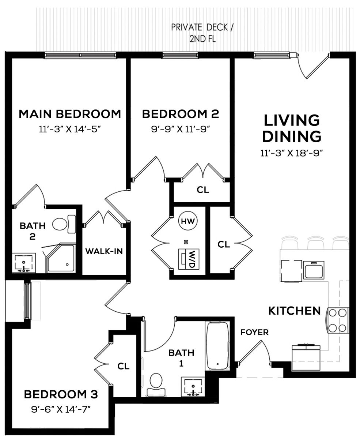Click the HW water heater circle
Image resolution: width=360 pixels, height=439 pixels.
point(188,221)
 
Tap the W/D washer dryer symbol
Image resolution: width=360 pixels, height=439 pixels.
point(189,259)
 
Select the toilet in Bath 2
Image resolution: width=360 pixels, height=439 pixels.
point(64,224)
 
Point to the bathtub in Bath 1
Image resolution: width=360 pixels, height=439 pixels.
point(217,346)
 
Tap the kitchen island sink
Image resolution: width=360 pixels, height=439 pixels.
point(314,270)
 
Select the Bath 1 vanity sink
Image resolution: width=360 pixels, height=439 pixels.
point(193,387)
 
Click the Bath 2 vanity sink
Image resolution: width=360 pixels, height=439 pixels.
point(24,263)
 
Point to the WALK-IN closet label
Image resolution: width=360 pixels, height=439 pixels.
point(104,251)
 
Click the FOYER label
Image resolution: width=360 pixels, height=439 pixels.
point(254,333)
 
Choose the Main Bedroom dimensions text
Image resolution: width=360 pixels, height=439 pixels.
point(70,129)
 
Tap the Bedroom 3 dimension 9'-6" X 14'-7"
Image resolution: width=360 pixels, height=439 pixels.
point(61,410)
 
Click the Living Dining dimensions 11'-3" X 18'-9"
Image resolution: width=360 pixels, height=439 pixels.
point(292,153)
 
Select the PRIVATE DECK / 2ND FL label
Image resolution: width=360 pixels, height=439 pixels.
point(202,33)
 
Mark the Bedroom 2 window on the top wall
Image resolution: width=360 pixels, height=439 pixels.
point(180,55)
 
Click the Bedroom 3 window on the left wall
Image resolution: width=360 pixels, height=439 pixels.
point(28,301)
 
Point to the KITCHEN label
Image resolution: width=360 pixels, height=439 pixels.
point(294,311)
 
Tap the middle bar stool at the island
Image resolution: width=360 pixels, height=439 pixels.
point(316,243)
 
